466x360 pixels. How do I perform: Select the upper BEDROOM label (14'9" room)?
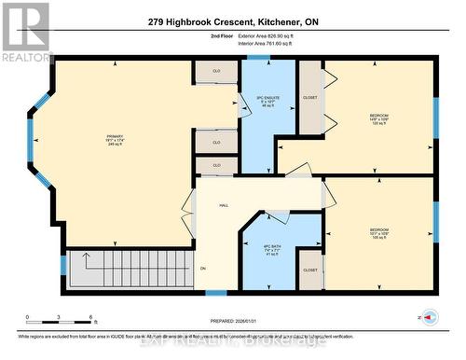tap(377, 118)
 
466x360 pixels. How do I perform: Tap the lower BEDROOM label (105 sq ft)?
tap(378, 230)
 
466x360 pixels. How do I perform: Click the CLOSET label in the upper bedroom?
tap(310, 97)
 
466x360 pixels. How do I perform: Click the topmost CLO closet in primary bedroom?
tap(216, 71)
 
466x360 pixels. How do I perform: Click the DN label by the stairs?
tap(201, 270)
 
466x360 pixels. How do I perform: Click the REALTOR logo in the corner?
tap(25, 32)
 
